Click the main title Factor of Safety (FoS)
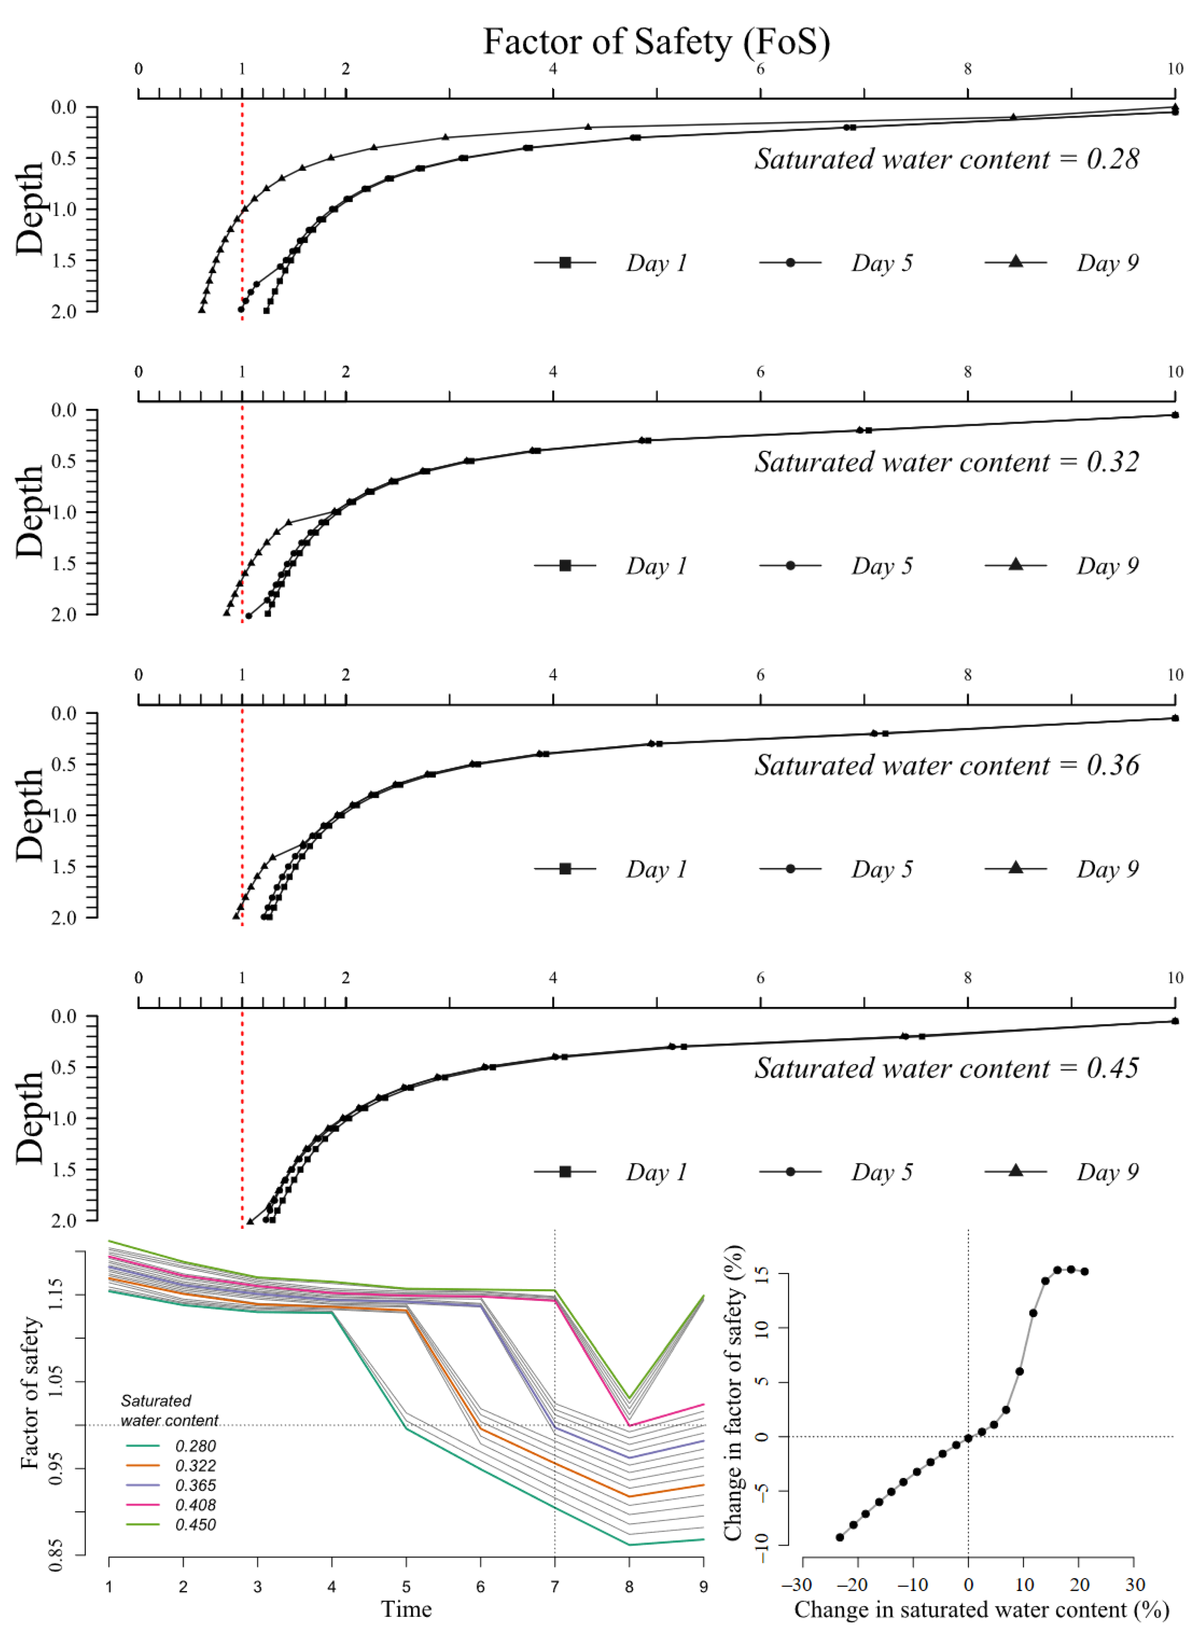tap(656, 42)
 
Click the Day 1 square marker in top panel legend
tap(565, 263)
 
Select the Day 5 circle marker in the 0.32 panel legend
tap(790, 565)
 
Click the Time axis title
tap(406, 1608)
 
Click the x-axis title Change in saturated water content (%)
tap(982, 1609)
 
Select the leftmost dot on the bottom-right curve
tap(840, 1537)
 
